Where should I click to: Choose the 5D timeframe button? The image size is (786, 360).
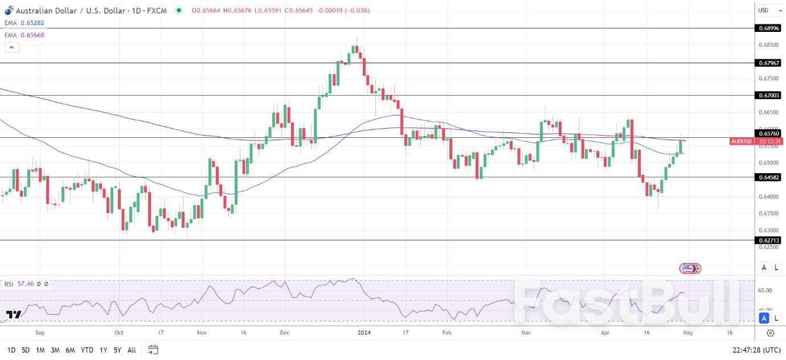click(x=26, y=350)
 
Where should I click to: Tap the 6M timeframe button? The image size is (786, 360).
click(x=70, y=350)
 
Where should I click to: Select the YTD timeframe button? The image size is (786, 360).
click(x=87, y=350)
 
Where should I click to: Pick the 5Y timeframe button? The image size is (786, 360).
click(x=117, y=350)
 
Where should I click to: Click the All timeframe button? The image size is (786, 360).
click(x=132, y=350)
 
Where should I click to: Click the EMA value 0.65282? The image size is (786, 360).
click(x=32, y=23)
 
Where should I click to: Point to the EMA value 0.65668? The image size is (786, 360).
click(x=32, y=35)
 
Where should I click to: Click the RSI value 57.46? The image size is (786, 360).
click(x=25, y=284)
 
